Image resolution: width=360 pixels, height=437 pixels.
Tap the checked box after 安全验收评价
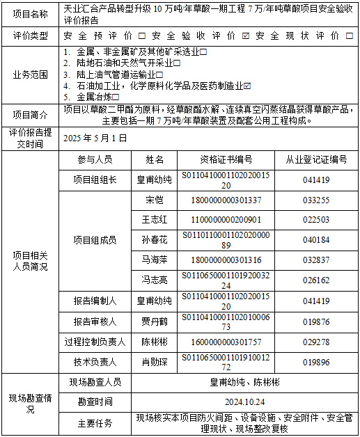click(x=245, y=35)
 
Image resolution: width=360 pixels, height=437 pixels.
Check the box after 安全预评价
click(x=142, y=35)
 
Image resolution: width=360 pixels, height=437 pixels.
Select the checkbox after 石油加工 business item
click(x=247, y=86)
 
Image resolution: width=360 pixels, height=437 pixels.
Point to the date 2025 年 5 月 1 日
click(x=95, y=138)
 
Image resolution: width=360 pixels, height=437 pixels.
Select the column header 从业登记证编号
click(x=316, y=160)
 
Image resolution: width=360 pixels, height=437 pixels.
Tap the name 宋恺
click(x=153, y=200)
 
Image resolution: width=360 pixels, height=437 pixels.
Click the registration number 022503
click(x=316, y=220)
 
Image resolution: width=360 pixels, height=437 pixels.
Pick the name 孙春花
click(x=153, y=240)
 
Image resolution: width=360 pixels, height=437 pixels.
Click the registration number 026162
click(x=316, y=280)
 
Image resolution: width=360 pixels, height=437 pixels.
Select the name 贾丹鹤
click(x=153, y=321)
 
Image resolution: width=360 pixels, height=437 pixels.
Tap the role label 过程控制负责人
click(x=95, y=342)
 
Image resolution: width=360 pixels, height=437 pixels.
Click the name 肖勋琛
click(x=153, y=362)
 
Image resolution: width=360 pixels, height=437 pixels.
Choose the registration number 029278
click(x=316, y=342)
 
